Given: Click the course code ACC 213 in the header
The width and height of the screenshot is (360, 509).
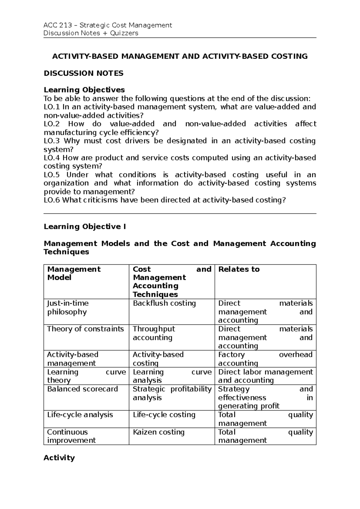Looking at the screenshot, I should (x=58, y=25).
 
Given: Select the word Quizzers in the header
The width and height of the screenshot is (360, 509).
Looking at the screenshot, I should (x=124, y=33).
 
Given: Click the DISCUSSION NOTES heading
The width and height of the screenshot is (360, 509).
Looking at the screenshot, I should (x=83, y=73).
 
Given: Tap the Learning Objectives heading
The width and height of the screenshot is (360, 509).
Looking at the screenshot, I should (x=84, y=90).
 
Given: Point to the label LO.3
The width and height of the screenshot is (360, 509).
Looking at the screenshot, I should (x=52, y=141).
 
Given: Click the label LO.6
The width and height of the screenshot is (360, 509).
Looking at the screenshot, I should (x=52, y=200).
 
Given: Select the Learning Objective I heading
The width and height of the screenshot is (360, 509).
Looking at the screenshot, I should (x=85, y=227).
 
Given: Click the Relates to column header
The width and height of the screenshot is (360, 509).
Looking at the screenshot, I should (x=239, y=269).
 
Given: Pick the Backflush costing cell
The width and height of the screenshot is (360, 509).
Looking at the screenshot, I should (x=164, y=303).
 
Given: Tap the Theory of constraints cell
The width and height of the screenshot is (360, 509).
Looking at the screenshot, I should (x=85, y=329).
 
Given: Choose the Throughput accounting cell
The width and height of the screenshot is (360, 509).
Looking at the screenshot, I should (x=154, y=333).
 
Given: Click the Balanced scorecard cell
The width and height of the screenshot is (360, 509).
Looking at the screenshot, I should (x=82, y=389).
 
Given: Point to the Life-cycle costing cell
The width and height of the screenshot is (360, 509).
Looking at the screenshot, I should (x=164, y=415).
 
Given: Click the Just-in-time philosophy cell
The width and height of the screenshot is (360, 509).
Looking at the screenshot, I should (x=68, y=308).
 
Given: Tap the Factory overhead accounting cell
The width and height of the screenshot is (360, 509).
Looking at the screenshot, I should (x=265, y=359).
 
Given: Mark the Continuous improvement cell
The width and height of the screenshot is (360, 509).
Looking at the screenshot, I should (x=71, y=436).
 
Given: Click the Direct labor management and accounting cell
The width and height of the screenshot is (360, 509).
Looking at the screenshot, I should (x=265, y=376).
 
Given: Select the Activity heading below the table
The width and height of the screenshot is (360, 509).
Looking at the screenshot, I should (x=59, y=458).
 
